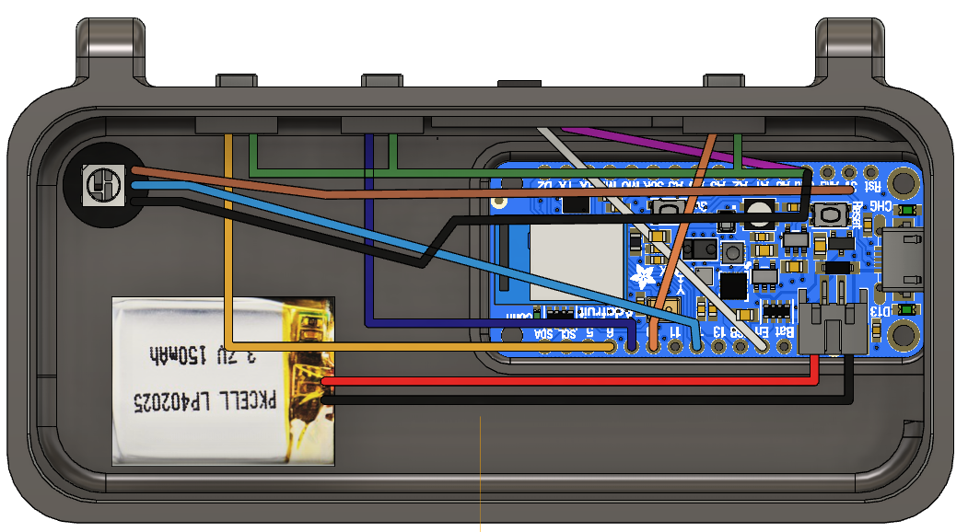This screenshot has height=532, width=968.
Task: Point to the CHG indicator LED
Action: (909, 212)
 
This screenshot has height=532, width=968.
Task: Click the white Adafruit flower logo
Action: (643, 278)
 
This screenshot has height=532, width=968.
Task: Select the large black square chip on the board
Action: (734, 285)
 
